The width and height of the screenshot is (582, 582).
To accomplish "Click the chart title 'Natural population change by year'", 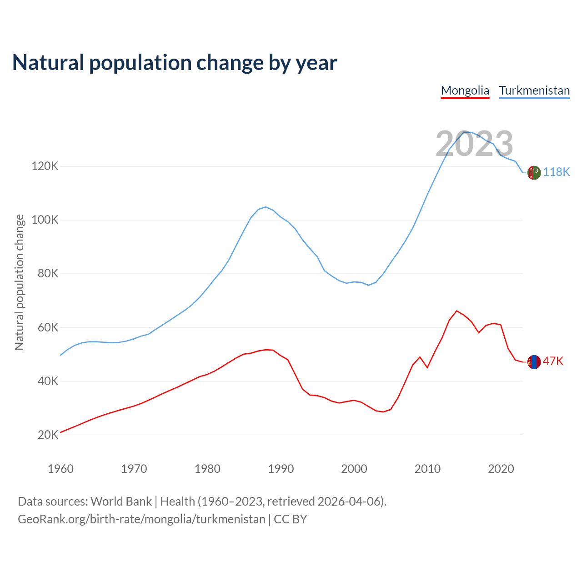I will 175,63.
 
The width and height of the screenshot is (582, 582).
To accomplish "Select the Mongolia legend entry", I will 465,90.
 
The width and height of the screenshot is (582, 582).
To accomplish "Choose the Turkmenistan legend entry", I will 534,90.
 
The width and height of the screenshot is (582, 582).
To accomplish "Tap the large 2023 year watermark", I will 474,144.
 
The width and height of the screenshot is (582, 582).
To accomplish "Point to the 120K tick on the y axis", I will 45,166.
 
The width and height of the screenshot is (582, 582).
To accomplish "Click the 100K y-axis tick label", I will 45,220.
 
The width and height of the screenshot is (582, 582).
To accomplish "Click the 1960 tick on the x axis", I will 60,469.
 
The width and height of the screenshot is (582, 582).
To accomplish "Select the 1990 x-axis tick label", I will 281,469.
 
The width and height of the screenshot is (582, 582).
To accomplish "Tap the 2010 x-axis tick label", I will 427,469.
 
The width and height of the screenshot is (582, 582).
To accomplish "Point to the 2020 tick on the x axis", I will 501,469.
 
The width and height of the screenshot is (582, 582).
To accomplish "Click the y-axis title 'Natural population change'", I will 20,282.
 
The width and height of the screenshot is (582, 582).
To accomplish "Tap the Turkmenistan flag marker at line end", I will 534,173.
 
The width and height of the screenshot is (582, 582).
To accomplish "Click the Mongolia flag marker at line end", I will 534,362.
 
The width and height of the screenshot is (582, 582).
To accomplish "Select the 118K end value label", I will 557,172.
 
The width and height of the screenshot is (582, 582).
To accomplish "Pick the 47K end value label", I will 553,361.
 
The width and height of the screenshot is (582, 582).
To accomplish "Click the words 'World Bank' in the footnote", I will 121,502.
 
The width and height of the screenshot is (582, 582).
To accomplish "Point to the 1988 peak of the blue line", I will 266,207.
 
